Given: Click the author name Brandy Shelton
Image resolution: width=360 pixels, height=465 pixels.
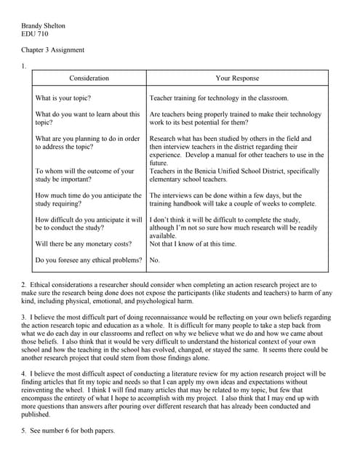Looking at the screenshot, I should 43,26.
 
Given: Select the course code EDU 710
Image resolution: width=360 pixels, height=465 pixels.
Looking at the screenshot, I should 34,34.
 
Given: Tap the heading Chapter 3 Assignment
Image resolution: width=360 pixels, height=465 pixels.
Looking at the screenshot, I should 52,50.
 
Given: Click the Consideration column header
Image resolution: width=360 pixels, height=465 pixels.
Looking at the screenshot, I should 89,78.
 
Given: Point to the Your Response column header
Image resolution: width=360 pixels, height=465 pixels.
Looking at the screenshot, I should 236,78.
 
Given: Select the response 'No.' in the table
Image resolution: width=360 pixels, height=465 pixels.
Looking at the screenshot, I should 154,259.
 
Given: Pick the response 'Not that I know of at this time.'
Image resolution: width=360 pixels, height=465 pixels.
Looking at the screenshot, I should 193,244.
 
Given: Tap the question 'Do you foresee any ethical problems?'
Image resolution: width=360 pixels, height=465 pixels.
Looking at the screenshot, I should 88,259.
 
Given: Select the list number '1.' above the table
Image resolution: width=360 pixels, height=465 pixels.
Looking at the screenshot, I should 24,66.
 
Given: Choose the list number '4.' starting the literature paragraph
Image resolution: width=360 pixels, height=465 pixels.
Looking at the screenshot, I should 24,373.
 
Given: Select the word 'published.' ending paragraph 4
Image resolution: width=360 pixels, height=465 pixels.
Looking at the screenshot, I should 36,414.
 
